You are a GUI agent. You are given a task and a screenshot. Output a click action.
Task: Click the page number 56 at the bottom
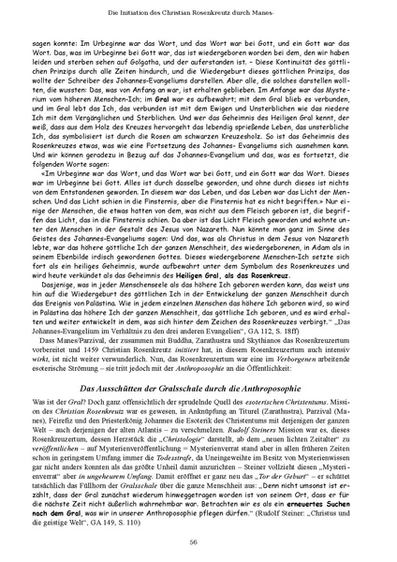(x=198, y=542)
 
